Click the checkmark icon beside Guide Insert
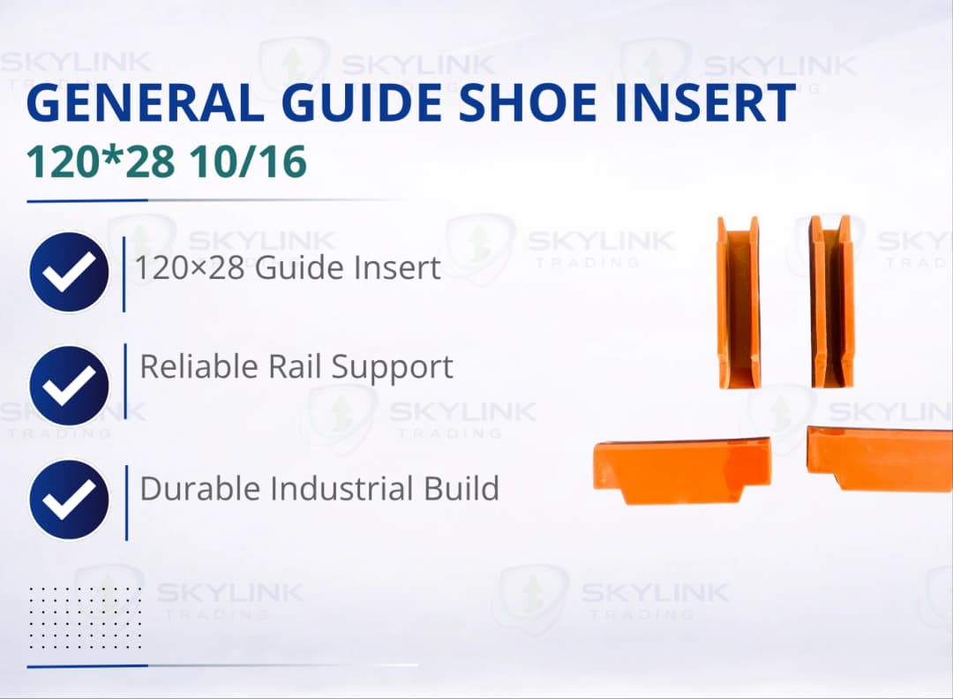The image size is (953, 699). point(69,272)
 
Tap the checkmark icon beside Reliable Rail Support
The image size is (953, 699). point(69,386)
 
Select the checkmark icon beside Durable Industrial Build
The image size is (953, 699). point(69,500)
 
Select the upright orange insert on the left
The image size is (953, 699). point(739,302)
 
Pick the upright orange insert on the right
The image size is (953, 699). point(832,302)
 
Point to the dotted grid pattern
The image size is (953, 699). point(85,617)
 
